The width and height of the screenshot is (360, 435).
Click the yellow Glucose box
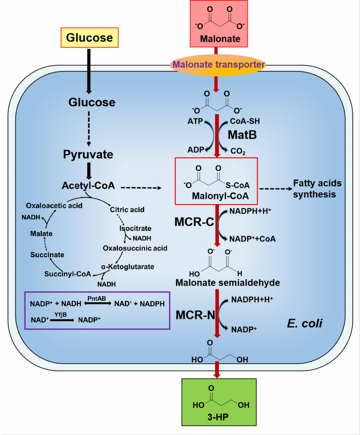(90, 38)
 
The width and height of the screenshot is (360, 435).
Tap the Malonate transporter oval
(217, 65)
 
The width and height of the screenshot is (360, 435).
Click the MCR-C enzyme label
(194, 222)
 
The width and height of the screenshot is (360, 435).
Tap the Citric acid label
(127, 209)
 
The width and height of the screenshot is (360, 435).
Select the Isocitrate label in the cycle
(135, 228)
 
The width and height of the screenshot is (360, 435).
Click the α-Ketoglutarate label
(127, 266)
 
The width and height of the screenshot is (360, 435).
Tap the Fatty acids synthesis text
(317, 189)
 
